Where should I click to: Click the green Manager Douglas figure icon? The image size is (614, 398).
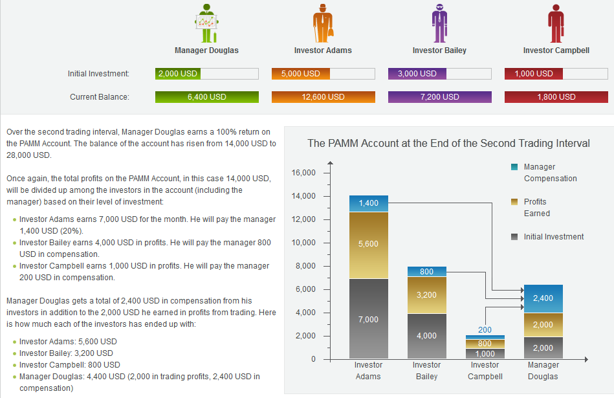click(x=206, y=23)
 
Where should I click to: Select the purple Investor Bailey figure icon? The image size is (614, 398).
click(x=439, y=23)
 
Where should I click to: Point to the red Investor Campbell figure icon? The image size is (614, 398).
click(x=556, y=23)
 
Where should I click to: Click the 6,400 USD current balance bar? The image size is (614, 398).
click(x=207, y=97)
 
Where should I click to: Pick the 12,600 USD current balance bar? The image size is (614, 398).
click(x=323, y=97)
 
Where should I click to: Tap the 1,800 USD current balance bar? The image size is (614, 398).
click(x=556, y=97)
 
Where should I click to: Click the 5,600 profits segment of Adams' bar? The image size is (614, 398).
click(x=368, y=245)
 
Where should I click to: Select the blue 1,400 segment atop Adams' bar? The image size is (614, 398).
click(x=368, y=203)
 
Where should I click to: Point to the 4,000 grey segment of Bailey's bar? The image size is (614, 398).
click(x=426, y=336)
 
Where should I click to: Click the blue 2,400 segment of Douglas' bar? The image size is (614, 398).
click(x=543, y=298)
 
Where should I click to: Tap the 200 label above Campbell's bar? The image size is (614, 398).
click(x=485, y=330)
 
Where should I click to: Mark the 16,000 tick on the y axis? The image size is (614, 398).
click(x=303, y=173)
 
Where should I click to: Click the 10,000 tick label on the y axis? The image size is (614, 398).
click(x=303, y=243)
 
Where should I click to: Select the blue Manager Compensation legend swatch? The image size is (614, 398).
click(x=514, y=167)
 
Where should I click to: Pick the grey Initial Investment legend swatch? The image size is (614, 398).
click(x=514, y=237)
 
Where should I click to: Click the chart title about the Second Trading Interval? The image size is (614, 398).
click(x=448, y=143)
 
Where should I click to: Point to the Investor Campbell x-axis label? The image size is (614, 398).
click(x=485, y=370)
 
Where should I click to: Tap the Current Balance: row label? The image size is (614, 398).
click(x=100, y=97)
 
